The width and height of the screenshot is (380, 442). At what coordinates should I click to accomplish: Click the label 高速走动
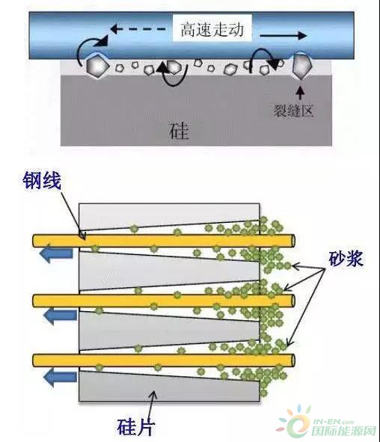[212, 30]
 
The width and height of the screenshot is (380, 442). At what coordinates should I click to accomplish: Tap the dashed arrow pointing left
[138, 28]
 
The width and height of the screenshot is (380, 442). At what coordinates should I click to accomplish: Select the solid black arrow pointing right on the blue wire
[283, 35]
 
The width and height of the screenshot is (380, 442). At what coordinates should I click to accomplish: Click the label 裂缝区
[294, 111]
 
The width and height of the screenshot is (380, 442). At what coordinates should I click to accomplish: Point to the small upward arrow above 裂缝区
[301, 93]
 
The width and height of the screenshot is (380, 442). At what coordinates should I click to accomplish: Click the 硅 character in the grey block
[180, 131]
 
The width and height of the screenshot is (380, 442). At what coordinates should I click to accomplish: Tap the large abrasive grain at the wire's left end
[97, 67]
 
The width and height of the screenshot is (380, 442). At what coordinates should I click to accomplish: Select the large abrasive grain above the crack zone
[301, 67]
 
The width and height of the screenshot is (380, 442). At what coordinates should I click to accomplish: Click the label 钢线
[42, 180]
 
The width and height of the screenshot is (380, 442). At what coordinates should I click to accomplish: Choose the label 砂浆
[346, 258]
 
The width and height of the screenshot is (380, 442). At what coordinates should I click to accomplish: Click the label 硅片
[136, 427]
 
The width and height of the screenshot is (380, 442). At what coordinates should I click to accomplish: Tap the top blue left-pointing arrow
[56, 253]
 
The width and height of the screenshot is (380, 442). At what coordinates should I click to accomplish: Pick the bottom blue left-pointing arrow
[60, 377]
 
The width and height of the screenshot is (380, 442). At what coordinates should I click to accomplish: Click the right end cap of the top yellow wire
[293, 241]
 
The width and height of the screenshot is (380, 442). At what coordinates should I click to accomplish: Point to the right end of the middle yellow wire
[293, 301]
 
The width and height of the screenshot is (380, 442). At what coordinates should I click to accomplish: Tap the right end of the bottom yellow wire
[293, 360]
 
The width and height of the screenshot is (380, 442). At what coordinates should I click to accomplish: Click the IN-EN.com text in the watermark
[333, 422]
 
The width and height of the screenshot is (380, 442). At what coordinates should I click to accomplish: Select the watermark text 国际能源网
[344, 431]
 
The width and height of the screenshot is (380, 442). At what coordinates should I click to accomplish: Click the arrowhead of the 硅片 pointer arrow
[154, 393]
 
